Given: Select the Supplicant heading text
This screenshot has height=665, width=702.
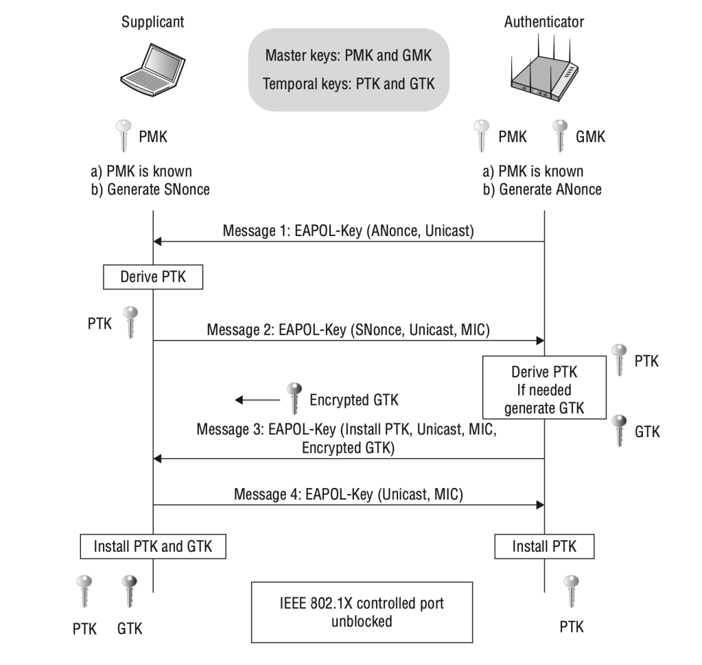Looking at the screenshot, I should [x=152, y=21].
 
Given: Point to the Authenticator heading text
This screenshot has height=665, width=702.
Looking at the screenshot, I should [x=544, y=21].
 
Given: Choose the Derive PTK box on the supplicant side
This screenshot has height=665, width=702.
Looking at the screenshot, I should [x=152, y=277].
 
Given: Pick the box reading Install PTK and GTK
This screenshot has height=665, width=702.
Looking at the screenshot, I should [x=152, y=547].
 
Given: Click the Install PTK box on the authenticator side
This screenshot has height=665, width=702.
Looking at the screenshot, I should [x=544, y=547].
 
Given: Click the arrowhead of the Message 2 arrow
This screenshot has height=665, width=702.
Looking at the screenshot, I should [x=539, y=340].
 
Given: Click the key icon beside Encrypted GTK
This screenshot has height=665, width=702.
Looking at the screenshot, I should [x=295, y=398].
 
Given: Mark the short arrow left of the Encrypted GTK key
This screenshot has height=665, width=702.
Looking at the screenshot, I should [x=257, y=399].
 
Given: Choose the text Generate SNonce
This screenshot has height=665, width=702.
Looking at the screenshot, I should [x=157, y=189].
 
